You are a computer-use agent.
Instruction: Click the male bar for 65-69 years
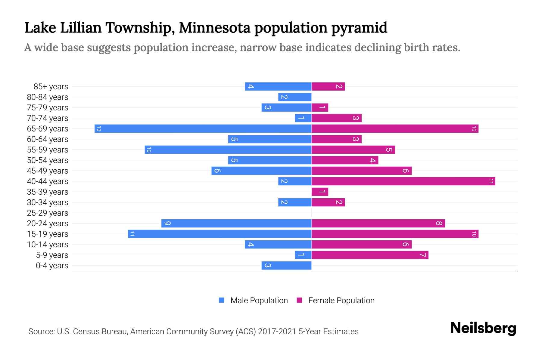pyautogui.click(x=203, y=129)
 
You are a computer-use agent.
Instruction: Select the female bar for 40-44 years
pyautogui.click(x=403, y=181)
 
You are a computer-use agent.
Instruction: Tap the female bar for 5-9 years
pyautogui.click(x=370, y=255)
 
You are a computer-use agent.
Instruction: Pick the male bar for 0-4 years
pyautogui.click(x=286, y=266)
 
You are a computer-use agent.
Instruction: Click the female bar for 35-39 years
pyautogui.click(x=320, y=192)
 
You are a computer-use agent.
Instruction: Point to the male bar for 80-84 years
pyautogui.click(x=295, y=97)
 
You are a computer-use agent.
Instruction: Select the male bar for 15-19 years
pyautogui.click(x=220, y=234)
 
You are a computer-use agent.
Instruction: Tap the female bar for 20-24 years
pyautogui.click(x=378, y=224)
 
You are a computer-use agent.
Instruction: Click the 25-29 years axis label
pyautogui.click(x=48, y=213)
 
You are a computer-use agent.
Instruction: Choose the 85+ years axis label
pyautogui.click(x=51, y=87)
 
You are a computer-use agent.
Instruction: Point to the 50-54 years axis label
pyautogui.click(x=48, y=160)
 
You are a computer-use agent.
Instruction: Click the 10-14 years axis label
pyautogui.click(x=48, y=245)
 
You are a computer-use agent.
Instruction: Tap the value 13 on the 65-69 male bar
pyautogui.click(x=99, y=129)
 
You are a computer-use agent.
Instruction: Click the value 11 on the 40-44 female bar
pyautogui.click(x=491, y=181)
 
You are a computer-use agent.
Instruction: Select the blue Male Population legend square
pyautogui.click(x=222, y=300)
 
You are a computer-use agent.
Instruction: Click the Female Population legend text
pyautogui.click(x=341, y=301)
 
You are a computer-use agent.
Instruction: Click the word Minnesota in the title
pyautogui.click(x=214, y=28)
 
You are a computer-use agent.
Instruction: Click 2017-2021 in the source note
pyautogui.click(x=277, y=332)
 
